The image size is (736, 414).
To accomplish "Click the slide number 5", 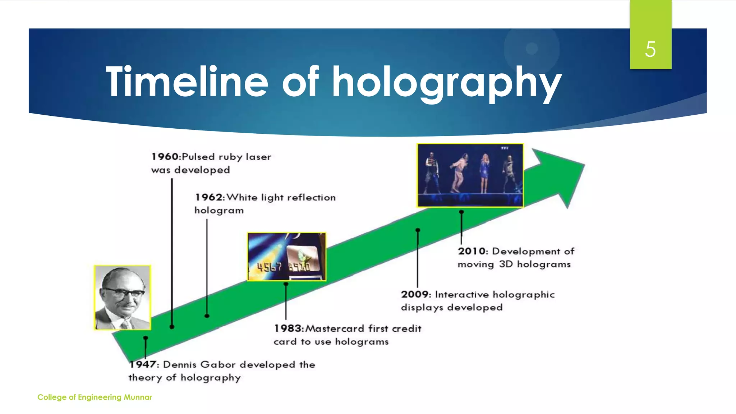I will click(x=650, y=49).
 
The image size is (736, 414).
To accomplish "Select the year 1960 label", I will click(x=165, y=157).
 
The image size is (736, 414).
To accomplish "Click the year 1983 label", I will click(x=288, y=328).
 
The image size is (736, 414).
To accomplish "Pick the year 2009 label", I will click(x=415, y=295).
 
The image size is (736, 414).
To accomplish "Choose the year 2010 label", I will click(x=472, y=251).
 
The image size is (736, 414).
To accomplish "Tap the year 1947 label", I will click(x=143, y=364).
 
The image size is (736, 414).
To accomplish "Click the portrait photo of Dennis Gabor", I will click(x=123, y=298).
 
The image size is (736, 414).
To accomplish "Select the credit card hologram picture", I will click(x=287, y=257).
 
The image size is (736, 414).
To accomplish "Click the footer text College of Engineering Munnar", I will click(x=95, y=397).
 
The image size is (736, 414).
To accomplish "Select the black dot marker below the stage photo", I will click(x=461, y=212).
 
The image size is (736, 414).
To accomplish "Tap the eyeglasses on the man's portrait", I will click(x=124, y=292).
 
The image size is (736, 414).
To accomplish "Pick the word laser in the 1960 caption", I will click(x=258, y=157).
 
